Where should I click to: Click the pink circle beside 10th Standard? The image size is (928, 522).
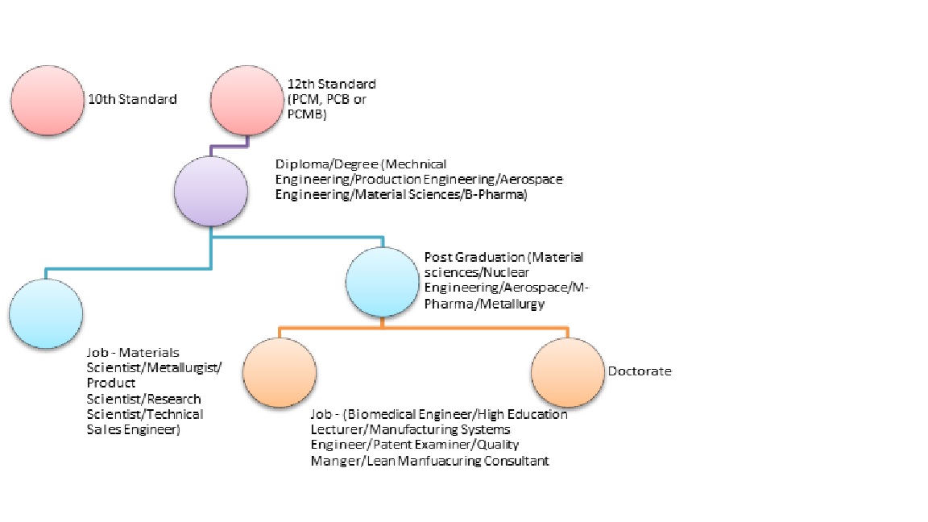(47, 100)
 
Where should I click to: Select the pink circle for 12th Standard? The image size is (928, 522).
(246, 100)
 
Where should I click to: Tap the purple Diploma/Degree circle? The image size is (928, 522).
(211, 190)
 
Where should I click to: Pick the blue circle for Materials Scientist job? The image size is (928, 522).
(47, 313)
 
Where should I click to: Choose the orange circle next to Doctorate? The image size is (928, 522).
(567, 371)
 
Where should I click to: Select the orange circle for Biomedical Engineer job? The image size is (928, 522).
(279, 371)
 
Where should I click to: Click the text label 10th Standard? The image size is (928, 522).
(132, 100)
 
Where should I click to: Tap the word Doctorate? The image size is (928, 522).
(640, 371)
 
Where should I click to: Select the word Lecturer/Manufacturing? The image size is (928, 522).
(376, 429)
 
